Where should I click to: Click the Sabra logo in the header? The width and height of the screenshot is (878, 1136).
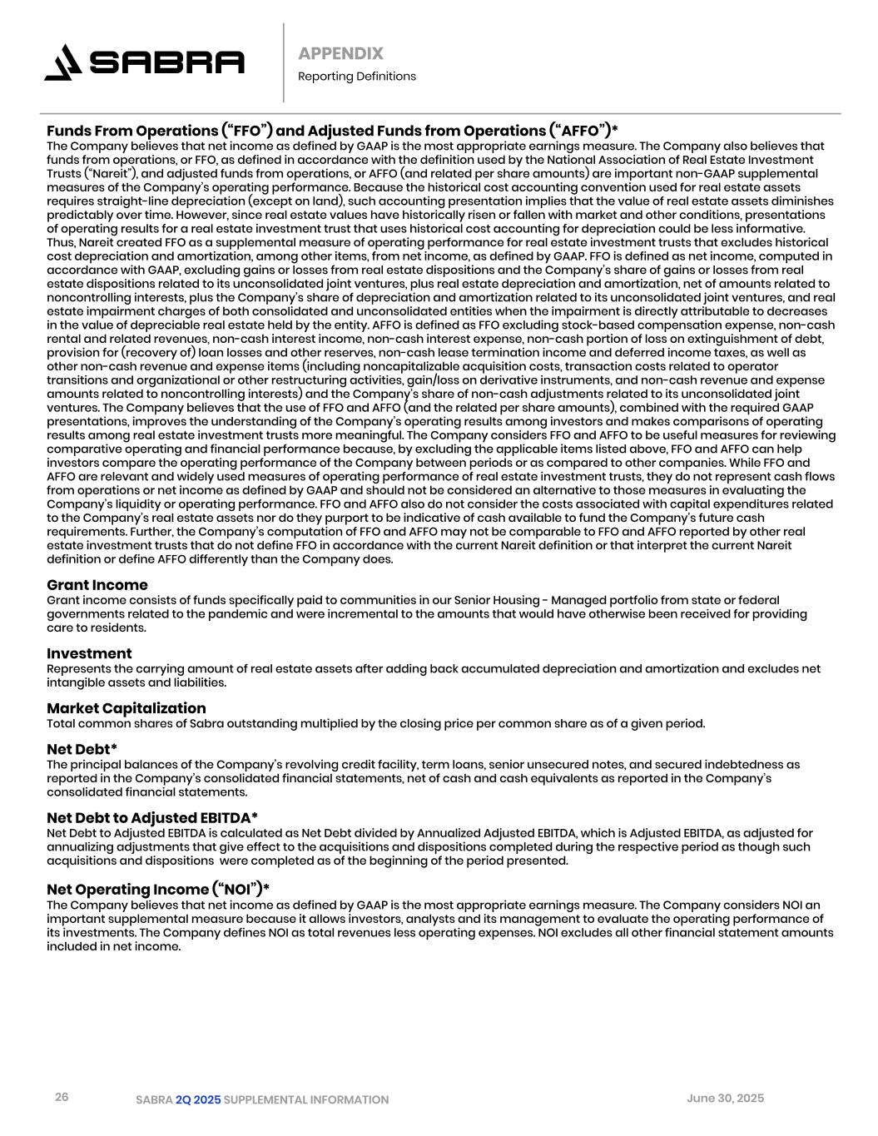click(x=144, y=62)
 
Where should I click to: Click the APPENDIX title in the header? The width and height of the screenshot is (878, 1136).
click(x=340, y=53)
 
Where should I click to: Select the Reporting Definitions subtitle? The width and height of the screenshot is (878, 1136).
click(x=356, y=77)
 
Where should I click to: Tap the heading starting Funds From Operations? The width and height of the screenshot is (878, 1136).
click(x=332, y=131)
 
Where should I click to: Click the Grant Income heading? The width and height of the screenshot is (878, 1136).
click(x=97, y=585)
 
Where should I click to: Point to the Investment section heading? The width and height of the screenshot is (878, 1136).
click(x=89, y=653)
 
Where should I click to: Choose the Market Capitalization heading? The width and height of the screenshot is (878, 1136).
click(x=126, y=708)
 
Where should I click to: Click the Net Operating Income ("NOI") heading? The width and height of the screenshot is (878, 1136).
click(x=158, y=889)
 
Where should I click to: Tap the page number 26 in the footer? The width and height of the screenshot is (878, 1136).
click(x=62, y=1097)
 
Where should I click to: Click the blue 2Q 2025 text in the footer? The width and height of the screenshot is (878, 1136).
click(x=198, y=1100)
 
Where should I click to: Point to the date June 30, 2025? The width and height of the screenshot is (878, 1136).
click(x=725, y=1099)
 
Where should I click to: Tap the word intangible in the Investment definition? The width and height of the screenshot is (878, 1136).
click(x=77, y=682)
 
